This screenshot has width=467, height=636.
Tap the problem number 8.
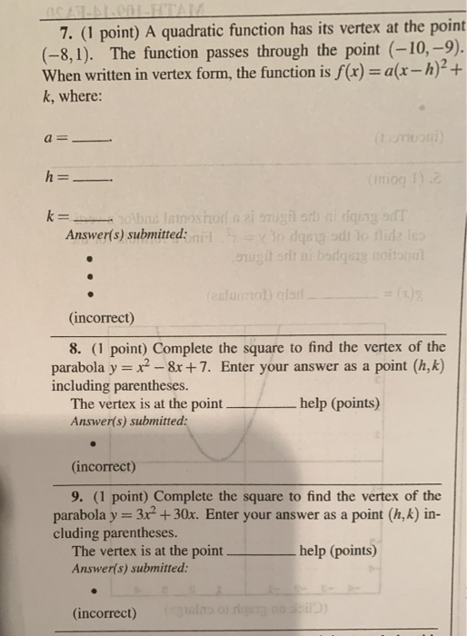click(75, 348)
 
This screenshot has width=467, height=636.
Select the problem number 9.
click(75, 496)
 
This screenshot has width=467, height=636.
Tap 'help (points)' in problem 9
click(339, 551)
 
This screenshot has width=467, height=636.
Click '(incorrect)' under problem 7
click(101, 318)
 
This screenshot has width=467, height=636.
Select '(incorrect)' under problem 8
click(103, 467)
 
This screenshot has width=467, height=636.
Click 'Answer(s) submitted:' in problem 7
click(126, 236)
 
